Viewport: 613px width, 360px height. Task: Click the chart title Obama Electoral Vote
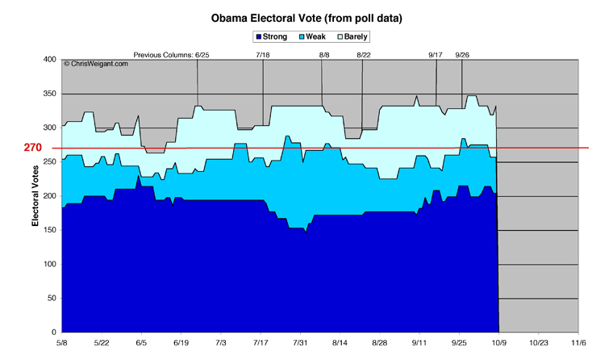coord(306,17)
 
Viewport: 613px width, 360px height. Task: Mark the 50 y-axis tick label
coord(50,299)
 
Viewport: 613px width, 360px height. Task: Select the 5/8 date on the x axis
coord(61,342)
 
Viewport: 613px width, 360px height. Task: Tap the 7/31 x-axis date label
coord(300,342)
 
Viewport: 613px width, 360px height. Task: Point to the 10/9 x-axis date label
coord(498,342)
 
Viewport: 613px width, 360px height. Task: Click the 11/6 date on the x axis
coord(578,342)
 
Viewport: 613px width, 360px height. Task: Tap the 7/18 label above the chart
coord(263,55)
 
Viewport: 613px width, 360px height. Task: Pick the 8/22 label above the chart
coord(363,55)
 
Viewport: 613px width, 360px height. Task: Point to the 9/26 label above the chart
coord(463,55)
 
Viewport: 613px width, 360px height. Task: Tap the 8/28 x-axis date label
coord(379,342)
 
